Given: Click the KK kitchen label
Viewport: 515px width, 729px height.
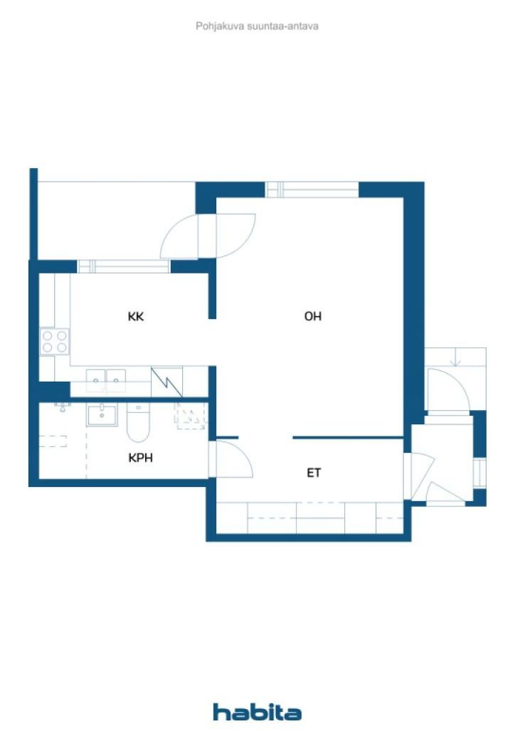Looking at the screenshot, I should pos(136,317).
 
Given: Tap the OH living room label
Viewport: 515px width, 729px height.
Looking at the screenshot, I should pos(313,317).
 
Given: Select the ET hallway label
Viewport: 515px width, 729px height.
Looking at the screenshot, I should pos(314,472).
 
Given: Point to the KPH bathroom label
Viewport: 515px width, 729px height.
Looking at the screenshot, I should pos(141,458).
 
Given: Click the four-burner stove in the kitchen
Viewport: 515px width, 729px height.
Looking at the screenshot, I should pos(55,341).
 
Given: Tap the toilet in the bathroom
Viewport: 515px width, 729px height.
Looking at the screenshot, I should pos(137,424).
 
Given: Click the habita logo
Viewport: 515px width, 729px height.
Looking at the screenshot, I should pos(257,712).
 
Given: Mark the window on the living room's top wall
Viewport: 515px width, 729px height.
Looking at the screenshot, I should pos(312,189).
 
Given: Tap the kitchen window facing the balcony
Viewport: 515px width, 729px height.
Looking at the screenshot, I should pos(124,267).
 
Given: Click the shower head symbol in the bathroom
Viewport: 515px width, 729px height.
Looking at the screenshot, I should pos(63,407).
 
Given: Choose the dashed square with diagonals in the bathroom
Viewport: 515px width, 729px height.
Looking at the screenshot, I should pos(190,416).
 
